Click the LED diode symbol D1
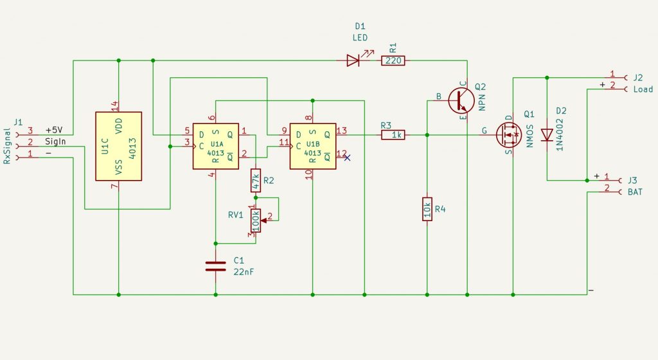point(353,60)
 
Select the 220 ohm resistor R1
point(393,60)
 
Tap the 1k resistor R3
point(393,135)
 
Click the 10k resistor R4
point(427,209)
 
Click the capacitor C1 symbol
point(215,266)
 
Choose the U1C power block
point(118,146)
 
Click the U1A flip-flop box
point(215,146)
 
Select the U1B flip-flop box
point(312,146)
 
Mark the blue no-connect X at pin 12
point(347,157)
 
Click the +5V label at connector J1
point(54,129)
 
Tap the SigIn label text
point(55,141)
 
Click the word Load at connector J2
point(643,89)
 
